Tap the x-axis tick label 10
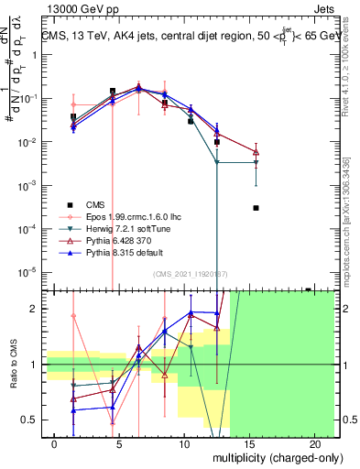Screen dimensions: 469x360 point(186,443)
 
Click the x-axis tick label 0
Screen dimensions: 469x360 point(56,443)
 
